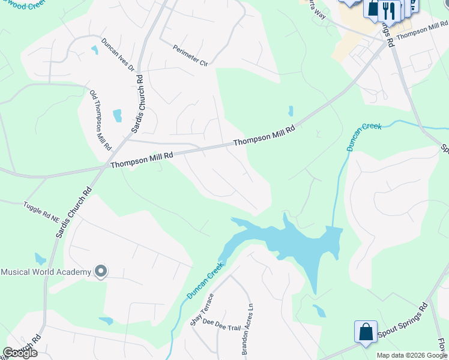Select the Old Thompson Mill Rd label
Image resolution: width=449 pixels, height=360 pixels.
pyautogui.click(x=100, y=121)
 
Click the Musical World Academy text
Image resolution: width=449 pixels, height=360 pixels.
pyautogui.click(x=46, y=272)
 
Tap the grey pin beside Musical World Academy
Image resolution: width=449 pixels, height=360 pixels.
pyautogui.click(x=101, y=272)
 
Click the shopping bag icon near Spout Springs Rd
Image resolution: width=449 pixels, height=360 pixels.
pyautogui.click(x=366, y=332)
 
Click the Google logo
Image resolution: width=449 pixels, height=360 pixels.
pyautogui.click(x=20, y=353)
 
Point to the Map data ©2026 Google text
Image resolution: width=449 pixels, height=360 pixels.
pyautogui.click(x=411, y=355)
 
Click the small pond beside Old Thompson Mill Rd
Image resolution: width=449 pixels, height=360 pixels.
pyautogui.click(x=117, y=115)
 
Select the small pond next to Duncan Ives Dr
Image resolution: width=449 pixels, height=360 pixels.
pyautogui.click(x=94, y=50)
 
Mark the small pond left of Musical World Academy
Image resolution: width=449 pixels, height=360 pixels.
pyautogui.click(x=40, y=259)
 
